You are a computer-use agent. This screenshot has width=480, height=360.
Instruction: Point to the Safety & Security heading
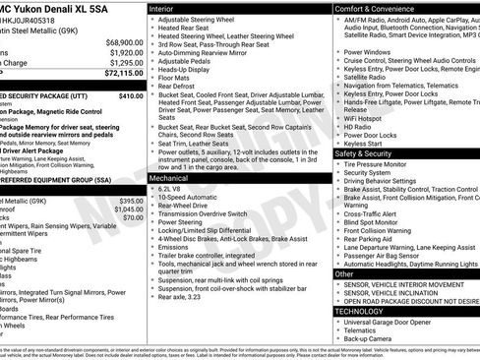(x=369, y=153)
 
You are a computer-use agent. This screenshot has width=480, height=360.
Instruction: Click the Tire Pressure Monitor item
(x=382, y=164)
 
